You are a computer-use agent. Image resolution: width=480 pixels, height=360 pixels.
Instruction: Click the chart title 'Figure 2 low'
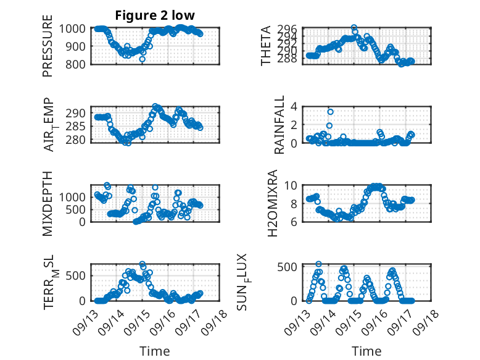pyautogui.click(x=155, y=15)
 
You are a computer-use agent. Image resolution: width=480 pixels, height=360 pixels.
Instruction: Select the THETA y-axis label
pyautogui.click(x=266, y=46)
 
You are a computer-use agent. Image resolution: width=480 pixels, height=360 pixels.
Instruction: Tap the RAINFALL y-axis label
pyautogui.click(x=279, y=125)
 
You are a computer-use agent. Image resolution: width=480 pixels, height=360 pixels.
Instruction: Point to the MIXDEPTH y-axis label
pyautogui.click(x=48, y=203)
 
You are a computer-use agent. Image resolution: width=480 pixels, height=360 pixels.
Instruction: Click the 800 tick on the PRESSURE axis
pyautogui.click(x=77, y=64)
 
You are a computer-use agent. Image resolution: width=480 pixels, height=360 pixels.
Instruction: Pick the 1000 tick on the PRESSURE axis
pyautogui.click(x=74, y=28)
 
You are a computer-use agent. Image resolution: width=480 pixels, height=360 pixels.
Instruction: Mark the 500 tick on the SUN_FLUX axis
pyautogui.click(x=289, y=266)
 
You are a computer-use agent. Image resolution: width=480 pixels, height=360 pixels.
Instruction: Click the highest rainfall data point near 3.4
pyautogui.click(x=331, y=112)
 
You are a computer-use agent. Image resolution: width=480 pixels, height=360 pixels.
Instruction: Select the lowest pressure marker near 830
pyautogui.click(x=143, y=59)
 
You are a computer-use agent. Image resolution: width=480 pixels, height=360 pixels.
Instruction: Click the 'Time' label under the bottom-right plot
pyautogui.click(x=367, y=351)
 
